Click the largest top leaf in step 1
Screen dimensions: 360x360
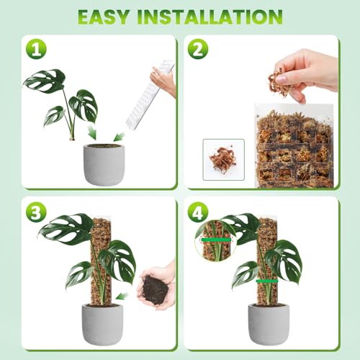click(x=45, y=81)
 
